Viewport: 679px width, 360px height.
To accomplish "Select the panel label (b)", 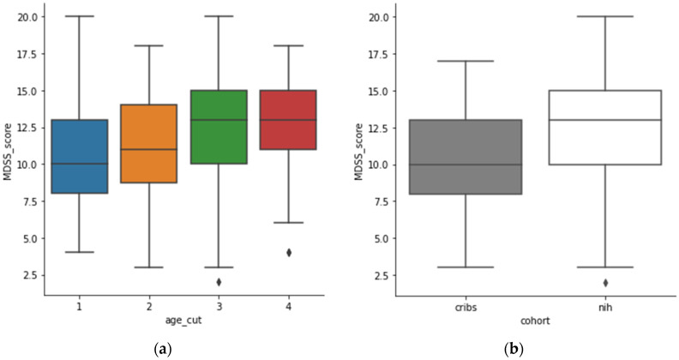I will point(535,349).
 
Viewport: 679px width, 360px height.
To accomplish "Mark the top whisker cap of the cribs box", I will point(466,61).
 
